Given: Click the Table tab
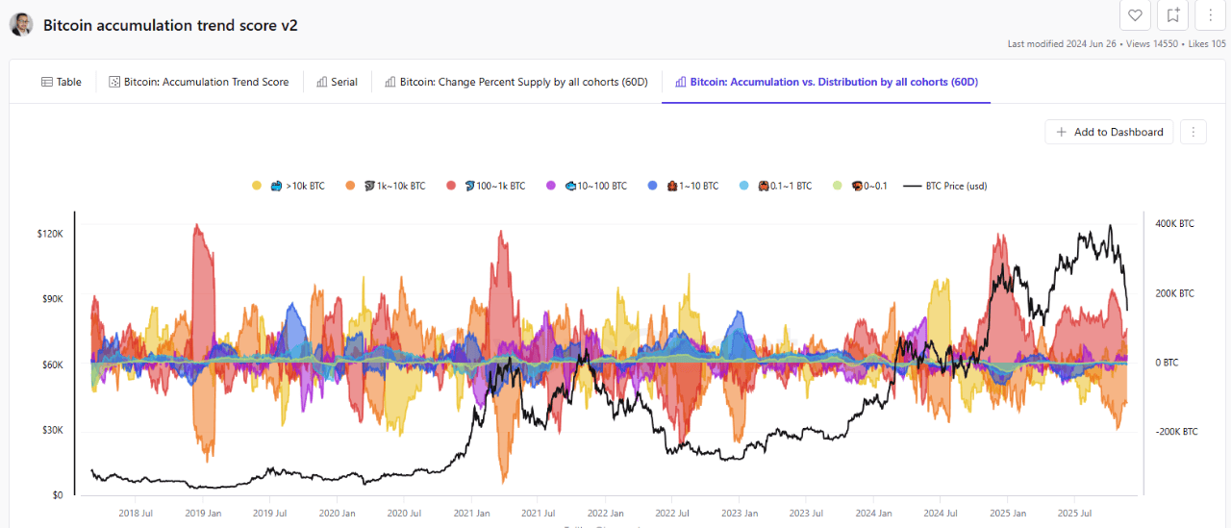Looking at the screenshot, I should click(x=62, y=82).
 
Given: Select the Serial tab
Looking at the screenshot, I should click(x=337, y=82).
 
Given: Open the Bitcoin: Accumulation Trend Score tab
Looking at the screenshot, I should click(x=199, y=82).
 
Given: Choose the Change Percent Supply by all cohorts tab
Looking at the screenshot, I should click(x=516, y=82).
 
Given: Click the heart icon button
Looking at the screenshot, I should click(x=1135, y=14).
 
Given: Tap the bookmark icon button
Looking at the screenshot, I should click(x=1173, y=14).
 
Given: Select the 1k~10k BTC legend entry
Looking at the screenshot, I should click(x=387, y=186).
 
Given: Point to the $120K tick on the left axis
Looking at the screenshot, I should click(x=49, y=234).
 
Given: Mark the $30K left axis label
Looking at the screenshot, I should click(x=50, y=430).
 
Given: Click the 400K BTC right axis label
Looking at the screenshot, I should click(x=1174, y=224).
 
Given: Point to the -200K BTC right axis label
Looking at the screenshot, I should click(x=1176, y=432).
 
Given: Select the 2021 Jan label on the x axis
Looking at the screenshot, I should click(x=472, y=514).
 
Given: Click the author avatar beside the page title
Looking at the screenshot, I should click(x=21, y=25).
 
